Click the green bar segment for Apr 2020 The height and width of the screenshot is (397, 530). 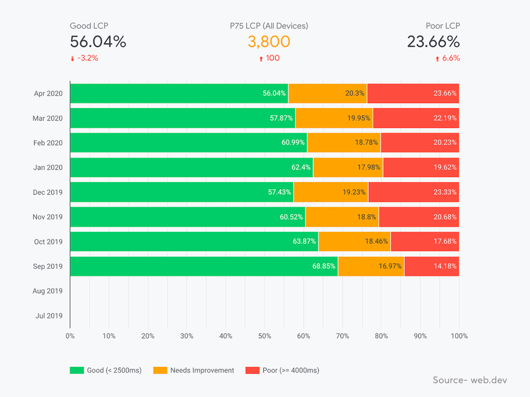[x=179, y=93]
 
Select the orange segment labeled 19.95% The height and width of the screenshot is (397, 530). [x=334, y=118]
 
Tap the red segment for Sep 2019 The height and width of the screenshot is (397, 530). [x=432, y=266]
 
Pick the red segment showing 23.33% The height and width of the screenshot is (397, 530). [x=413, y=192]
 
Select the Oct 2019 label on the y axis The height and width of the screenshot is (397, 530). [x=48, y=242]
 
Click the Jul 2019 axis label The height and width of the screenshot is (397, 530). [x=48, y=316]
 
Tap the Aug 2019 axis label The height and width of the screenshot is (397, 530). [x=48, y=291]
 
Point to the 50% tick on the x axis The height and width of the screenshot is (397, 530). [x=265, y=336]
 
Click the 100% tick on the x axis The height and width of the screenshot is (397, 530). [x=458, y=336]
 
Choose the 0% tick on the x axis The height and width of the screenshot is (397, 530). [x=70, y=336]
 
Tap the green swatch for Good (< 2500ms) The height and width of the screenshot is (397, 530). [x=77, y=371]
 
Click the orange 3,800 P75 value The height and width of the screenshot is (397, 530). [x=268, y=42]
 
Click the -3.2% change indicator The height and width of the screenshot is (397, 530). [x=87, y=58]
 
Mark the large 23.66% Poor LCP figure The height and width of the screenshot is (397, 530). [x=433, y=42]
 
